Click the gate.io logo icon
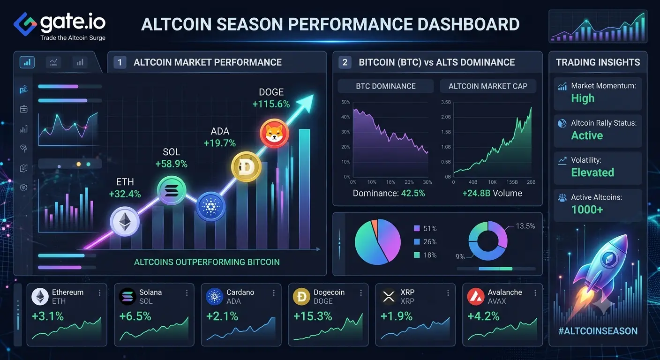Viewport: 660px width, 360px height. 25,24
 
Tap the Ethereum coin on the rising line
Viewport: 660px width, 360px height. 125,222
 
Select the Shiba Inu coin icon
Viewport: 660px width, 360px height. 274,133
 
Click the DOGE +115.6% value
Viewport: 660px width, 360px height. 271,104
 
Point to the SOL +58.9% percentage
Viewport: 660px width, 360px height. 171,164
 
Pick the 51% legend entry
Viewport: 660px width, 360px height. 425,228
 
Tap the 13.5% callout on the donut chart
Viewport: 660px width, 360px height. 525,226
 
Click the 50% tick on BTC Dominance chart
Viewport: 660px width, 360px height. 345,102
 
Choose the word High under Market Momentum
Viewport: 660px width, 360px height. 583,98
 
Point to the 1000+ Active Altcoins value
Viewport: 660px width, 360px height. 587,210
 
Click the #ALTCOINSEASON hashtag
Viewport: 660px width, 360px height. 598,331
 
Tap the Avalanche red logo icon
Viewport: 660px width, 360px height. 476,296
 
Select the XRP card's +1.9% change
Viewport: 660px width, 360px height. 396,316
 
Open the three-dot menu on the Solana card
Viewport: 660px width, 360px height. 187,292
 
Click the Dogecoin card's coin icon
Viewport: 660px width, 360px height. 301,296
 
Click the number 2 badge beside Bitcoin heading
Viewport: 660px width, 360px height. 345,62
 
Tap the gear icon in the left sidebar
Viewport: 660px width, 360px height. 23,187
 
